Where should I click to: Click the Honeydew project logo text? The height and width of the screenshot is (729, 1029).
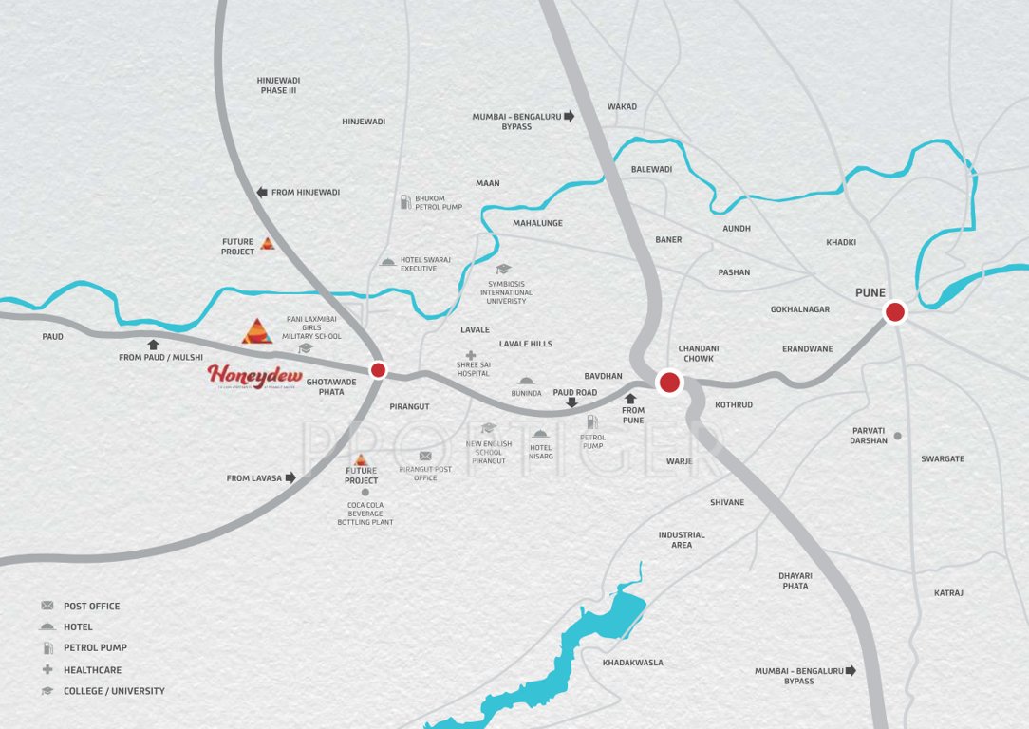coord(249,376)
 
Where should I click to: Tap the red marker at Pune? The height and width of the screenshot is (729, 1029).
coord(894,311)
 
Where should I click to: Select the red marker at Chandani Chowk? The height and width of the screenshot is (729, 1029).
coord(669,383)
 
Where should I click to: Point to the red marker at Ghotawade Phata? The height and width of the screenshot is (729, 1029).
coord(378,370)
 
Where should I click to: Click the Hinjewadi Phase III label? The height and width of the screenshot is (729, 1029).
coord(278,85)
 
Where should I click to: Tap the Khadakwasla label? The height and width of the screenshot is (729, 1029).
coord(633,663)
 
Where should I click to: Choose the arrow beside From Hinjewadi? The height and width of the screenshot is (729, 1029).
coord(262,192)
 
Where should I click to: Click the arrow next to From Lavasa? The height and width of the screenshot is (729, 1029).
coord(290,477)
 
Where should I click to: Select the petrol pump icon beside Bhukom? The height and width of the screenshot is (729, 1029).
coord(405,201)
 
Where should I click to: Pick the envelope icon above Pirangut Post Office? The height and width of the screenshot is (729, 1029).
coord(425,457)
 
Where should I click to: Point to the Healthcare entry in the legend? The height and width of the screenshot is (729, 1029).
coord(92,669)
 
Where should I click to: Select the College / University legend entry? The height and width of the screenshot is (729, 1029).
coord(114,691)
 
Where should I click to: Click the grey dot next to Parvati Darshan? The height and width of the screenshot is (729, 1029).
coord(897,436)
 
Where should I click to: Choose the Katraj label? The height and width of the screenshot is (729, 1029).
coord(948,593)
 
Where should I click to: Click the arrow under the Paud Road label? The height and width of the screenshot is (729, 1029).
coord(571,402)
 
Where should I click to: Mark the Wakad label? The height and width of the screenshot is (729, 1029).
coord(622,106)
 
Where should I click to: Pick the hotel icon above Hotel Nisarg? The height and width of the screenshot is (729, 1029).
coord(540,434)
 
